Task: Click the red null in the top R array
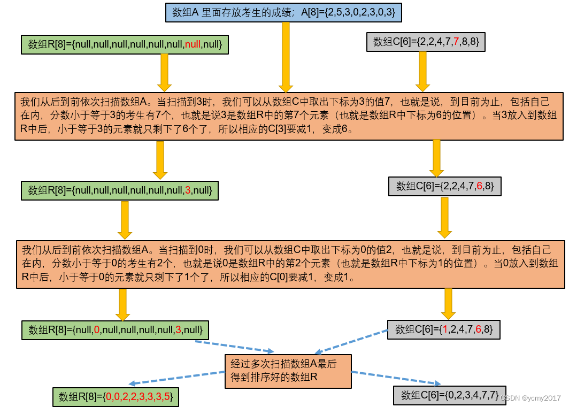(x=193, y=44)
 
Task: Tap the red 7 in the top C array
(x=456, y=42)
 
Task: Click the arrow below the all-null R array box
(x=164, y=72)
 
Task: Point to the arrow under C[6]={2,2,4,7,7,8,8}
(x=422, y=72)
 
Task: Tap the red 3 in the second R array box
(x=188, y=190)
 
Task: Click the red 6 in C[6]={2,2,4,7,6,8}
(x=480, y=186)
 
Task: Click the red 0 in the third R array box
(x=97, y=329)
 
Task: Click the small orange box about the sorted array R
(x=288, y=371)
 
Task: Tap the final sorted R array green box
(x=116, y=397)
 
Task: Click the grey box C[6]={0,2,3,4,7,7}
(x=449, y=395)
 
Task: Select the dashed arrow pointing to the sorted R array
(x=176, y=377)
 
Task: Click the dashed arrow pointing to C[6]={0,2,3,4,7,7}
(x=396, y=377)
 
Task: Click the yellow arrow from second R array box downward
(x=125, y=220)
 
